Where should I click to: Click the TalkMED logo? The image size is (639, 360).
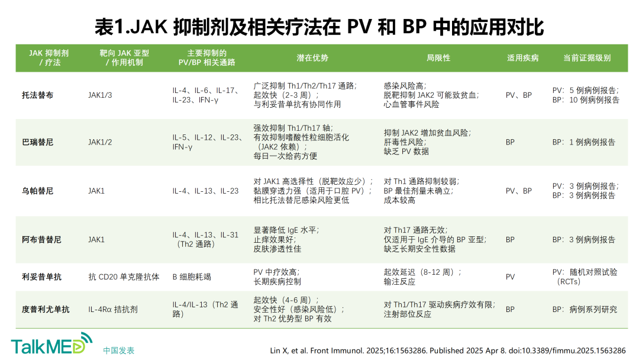(51, 343)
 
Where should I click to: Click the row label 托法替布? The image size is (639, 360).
(37, 95)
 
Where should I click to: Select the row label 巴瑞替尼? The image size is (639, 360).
(37, 142)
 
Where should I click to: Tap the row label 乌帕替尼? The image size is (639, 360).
(37, 191)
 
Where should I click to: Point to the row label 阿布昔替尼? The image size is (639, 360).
(41, 240)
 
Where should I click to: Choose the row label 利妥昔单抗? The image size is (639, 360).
(41, 277)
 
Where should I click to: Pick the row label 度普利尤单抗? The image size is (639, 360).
(46, 310)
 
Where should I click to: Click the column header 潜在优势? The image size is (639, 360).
(312, 58)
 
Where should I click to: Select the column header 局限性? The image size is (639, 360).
(438, 58)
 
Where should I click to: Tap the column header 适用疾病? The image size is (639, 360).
(523, 58)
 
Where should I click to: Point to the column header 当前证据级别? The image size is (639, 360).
(587, 58)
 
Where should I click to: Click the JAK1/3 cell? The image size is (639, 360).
(100, 95)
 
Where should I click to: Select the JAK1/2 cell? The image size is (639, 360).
(100, 142)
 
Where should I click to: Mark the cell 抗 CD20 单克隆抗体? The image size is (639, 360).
(124, 277)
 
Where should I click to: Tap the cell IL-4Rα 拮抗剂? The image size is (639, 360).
(113, 310)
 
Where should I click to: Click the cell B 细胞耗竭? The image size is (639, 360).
(192, 277)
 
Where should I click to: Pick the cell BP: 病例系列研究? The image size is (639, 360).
(585, 310)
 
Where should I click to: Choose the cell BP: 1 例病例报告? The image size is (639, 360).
(583, 142)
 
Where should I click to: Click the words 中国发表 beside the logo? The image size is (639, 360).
(118, 351)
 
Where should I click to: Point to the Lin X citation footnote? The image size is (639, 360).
(448, 351)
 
